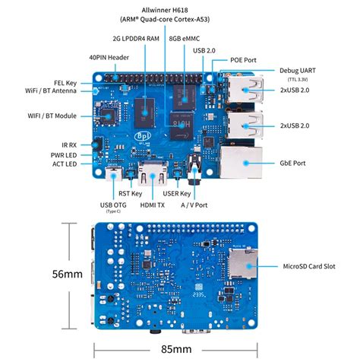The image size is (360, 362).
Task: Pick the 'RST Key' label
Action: (131, 193)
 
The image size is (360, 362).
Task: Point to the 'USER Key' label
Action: (178, 193)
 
